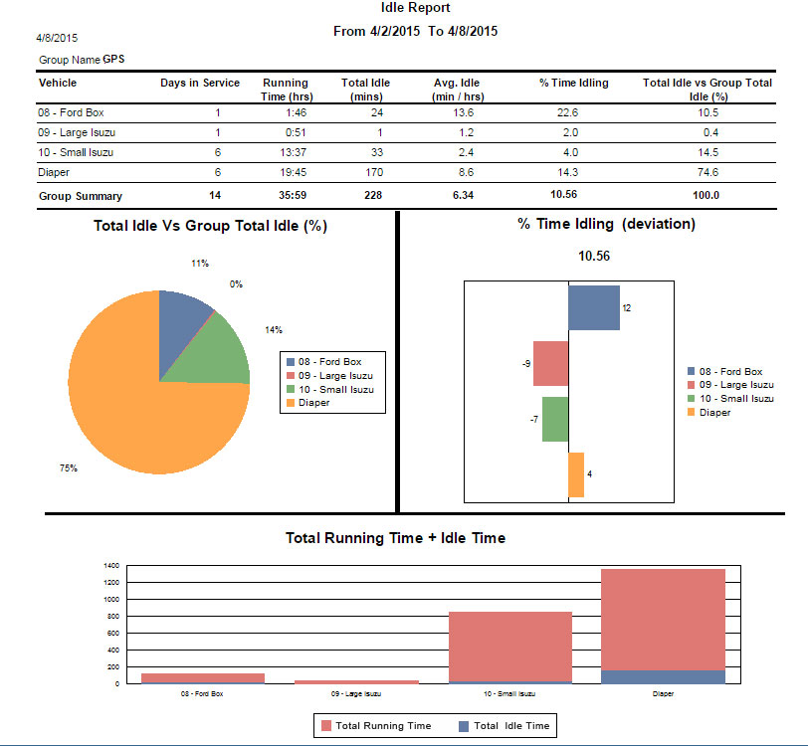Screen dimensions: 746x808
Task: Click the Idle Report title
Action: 415,8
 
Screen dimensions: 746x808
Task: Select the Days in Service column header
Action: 200,83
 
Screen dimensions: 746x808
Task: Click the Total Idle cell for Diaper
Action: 365,172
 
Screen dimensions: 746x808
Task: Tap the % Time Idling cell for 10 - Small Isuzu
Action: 568,152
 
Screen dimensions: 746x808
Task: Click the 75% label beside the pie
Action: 68,467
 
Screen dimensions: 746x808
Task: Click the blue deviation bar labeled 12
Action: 593,306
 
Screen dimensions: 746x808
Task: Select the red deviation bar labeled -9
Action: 550,363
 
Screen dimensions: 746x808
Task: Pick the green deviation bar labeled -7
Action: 554,419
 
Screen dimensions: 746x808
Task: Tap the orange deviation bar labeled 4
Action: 575,474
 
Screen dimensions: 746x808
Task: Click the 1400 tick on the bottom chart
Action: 112,565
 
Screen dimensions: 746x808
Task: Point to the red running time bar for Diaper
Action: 663,617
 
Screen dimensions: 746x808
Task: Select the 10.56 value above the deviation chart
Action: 593,256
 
